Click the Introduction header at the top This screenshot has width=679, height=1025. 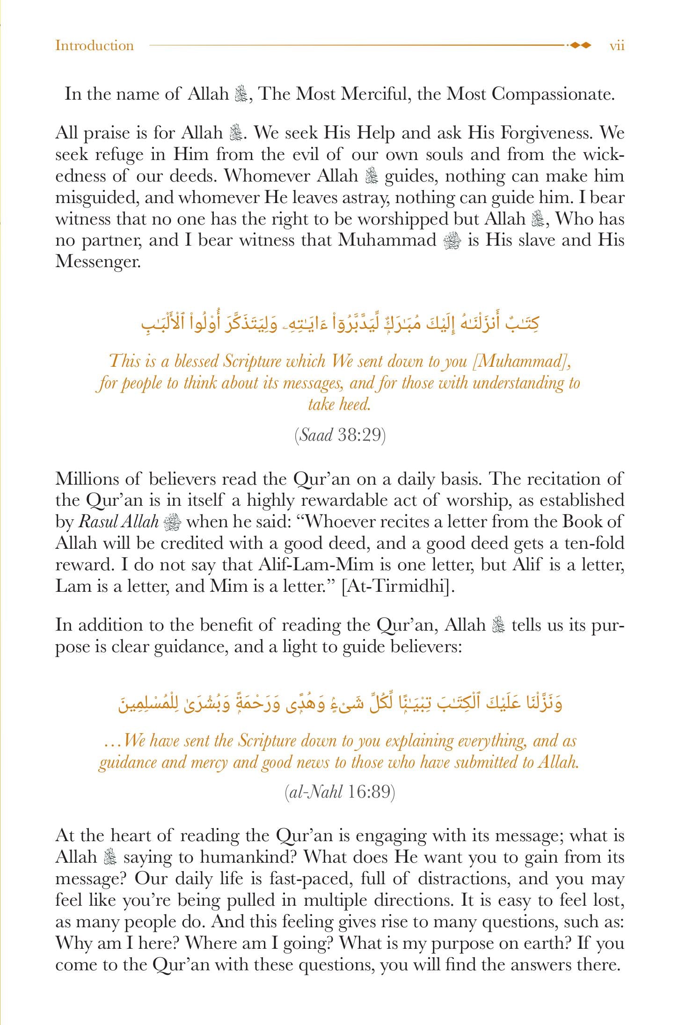[x=95, y=46]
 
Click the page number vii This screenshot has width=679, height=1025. [x=617, y=46]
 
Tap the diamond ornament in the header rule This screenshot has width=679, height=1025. [x=581, y=45]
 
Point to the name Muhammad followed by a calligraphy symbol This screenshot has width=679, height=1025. [x=387, y=240]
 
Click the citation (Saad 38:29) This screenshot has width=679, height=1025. [x=340, y=435]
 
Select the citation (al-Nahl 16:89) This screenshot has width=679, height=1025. [x=340, y=792]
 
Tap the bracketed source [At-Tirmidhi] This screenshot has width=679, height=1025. [x=398, y=586]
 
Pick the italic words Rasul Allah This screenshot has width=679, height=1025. [x=119, y=522]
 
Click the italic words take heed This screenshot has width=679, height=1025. [x=340, y=404]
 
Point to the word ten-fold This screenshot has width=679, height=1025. [x=594, y=543]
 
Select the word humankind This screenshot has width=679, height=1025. [x=248, y=857]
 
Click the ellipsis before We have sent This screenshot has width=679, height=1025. [x=112, y=741]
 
